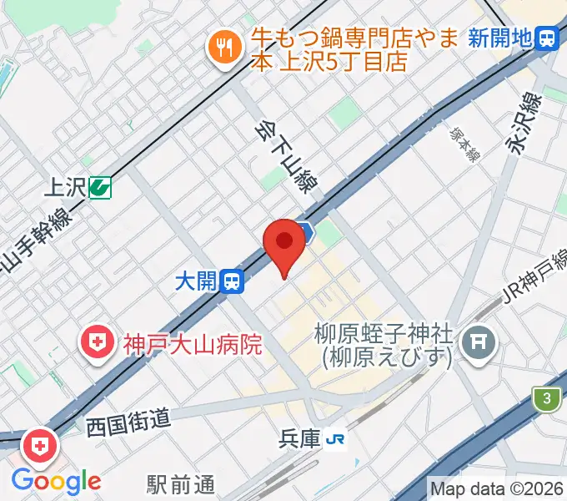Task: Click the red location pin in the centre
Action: (x=284, y=242)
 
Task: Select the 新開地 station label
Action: (x=499, y=38)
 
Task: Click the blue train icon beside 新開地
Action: (x=548, y=38)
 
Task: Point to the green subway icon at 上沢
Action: (x=101, y=188)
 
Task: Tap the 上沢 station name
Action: (x=65, y=188)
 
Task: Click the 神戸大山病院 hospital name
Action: (x=193, y=343)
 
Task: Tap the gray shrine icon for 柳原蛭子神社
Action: (x=480, y=341)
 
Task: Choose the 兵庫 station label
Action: (x=301, y=439)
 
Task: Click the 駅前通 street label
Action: (x=181, y=483)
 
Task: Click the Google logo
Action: (x=56, y=481)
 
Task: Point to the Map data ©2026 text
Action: (x=497, y=488)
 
